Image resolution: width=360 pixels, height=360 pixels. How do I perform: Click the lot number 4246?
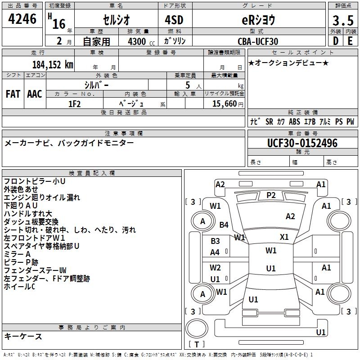[x=22, y=19]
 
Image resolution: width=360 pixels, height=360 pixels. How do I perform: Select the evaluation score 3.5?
[x=342, y=20]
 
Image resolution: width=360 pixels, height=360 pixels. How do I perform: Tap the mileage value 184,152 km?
[x=53, y=64]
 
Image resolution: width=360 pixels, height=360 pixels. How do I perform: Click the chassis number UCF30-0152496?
[x=302, y=143]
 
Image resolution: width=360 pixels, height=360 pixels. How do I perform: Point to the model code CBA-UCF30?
[x=258, y=41]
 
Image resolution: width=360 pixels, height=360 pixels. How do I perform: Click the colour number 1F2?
[x=74, y=103]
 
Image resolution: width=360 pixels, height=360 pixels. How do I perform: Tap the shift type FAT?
[x=13, y=94]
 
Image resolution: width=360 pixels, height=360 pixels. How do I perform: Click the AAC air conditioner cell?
[x=35, y=94]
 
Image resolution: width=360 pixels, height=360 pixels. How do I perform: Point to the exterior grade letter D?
[x=335, y=41]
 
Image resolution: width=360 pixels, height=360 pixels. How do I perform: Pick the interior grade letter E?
[x=351, y=41]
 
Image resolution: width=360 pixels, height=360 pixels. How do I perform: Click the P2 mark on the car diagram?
[x=271, y=195]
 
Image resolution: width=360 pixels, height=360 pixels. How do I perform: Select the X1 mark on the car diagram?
[x=284, y=237]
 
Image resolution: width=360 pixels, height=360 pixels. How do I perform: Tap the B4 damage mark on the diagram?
[x=224, y=225]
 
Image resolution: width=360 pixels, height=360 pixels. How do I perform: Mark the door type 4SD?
[x=174, y=20]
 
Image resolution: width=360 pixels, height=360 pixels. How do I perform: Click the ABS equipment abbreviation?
[x=294, y=121]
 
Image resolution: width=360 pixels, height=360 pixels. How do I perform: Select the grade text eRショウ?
[x=258, y=20]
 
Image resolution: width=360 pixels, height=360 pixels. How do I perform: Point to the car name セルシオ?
[x=116, y=20]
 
